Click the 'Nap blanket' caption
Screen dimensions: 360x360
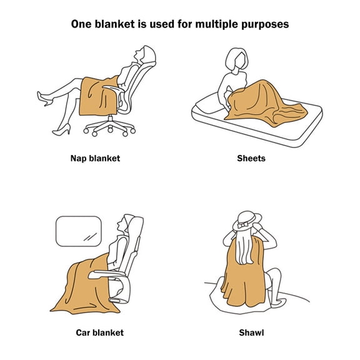(95, 158)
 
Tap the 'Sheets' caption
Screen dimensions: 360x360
(251, 158)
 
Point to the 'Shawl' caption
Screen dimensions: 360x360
(251, 332)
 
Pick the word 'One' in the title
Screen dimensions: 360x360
(82, 25)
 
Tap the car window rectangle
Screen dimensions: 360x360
(79, 231)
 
